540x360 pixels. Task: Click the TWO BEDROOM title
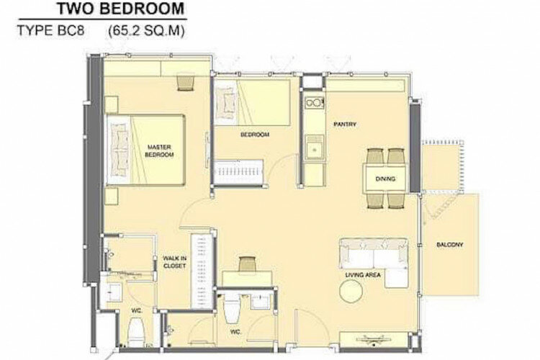(x=120, y=8)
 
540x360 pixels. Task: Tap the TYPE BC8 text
(x=50, y=31)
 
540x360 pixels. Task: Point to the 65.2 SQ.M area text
(x=146, y=31)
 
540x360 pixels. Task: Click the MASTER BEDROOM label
(x=159, y=151)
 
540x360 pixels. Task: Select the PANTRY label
(x=345, y=125)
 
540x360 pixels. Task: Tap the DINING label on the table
(x=385, y=179)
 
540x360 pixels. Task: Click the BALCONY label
(x=450, y=245)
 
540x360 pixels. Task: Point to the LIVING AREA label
(x=363, y=275)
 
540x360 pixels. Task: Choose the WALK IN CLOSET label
(x=175, y=262)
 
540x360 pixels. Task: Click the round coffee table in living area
(x=351, y=292)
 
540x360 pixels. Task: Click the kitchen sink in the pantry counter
(x=314, y=148)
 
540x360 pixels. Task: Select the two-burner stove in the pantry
(x=314, y=103)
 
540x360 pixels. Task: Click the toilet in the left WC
(x=135, y=331)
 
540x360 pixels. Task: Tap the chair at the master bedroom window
(x=186, y=83)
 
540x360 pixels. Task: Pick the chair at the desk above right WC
(x=248, y=264)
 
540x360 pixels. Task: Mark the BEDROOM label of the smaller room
(x=254, y=135)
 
